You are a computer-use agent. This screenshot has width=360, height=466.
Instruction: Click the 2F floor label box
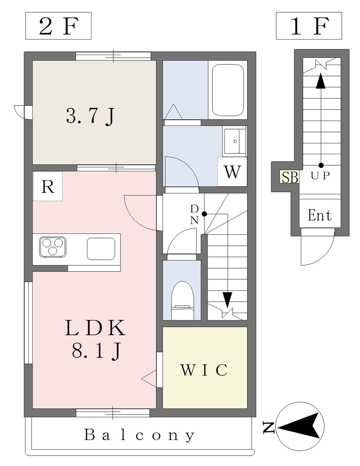58,26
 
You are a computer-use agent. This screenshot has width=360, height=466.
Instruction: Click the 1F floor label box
309,26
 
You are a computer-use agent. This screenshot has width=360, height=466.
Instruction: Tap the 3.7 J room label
91,116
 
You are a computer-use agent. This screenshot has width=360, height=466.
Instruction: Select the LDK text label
95,328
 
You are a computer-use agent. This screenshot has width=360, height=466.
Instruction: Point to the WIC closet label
204,370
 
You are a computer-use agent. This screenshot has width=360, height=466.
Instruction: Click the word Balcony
139,436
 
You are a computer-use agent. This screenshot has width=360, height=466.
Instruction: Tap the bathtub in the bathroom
228,90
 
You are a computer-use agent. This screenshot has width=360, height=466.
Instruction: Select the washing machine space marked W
232,172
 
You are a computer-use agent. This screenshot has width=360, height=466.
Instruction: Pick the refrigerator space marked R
48,186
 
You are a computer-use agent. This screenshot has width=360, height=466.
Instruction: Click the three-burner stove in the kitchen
53,247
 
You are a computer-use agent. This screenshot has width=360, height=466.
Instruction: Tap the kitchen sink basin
101,249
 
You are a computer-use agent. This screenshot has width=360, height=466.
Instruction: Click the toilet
183,300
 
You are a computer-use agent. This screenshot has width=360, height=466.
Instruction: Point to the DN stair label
194,215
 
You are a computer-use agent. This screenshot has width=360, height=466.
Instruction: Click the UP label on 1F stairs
320,176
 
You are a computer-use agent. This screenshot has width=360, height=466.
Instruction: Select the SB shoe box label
289,177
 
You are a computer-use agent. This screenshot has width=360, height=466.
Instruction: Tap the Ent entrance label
319,215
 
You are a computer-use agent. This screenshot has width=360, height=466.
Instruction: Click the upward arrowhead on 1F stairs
320,81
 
